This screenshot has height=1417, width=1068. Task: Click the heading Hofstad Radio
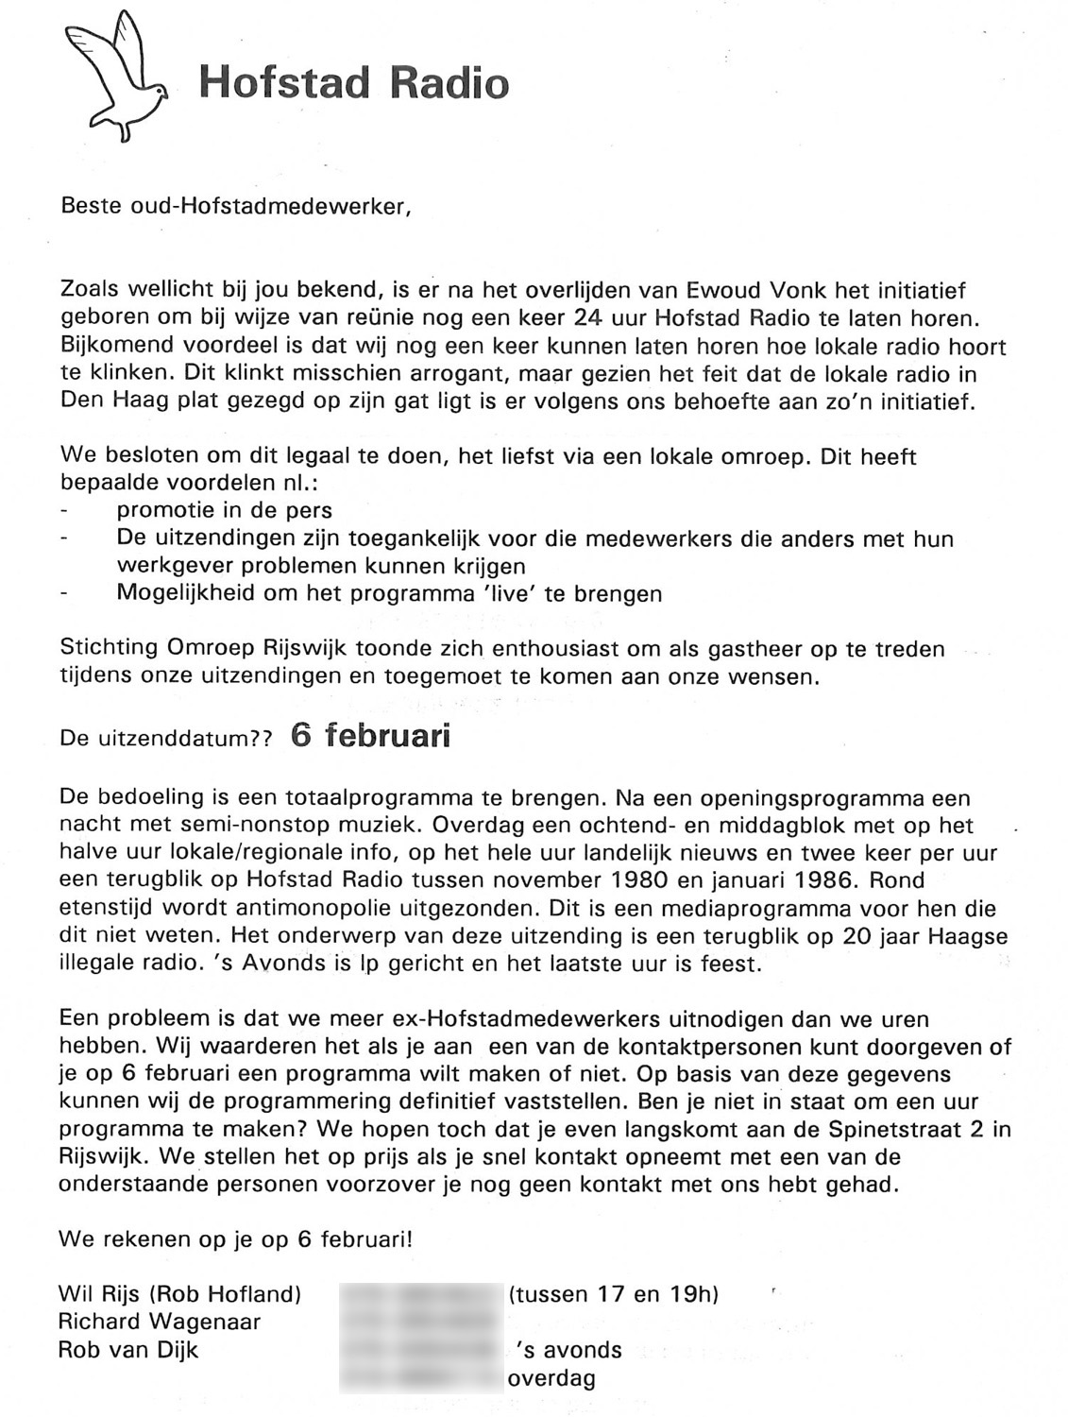coord(354,83)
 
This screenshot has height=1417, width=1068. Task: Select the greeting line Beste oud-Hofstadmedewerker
coord(236,206)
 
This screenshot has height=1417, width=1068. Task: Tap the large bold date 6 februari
coord(370,736)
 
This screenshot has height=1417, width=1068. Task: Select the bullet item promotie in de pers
coord(224,511)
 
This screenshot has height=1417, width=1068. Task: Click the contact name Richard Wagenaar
coord(160,1322)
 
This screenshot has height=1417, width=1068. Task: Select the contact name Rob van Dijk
coord(128,1350)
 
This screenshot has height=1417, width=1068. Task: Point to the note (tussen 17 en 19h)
coord(614,1294)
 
